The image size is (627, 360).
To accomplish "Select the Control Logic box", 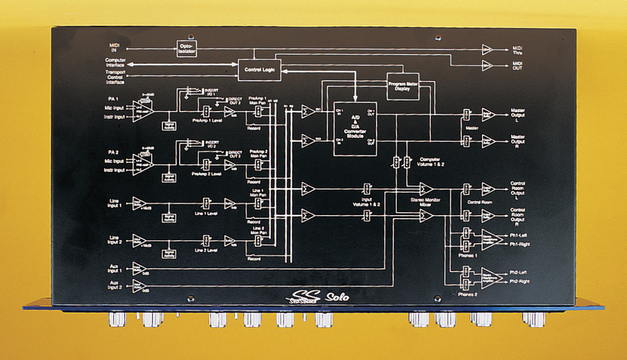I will pyautogui.click(x=260, y=69).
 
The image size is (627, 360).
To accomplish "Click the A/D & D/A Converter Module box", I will pyautogui.click(x=355, y=128).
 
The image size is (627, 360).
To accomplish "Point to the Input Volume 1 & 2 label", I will pyautogui.click(x=366, y=202).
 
